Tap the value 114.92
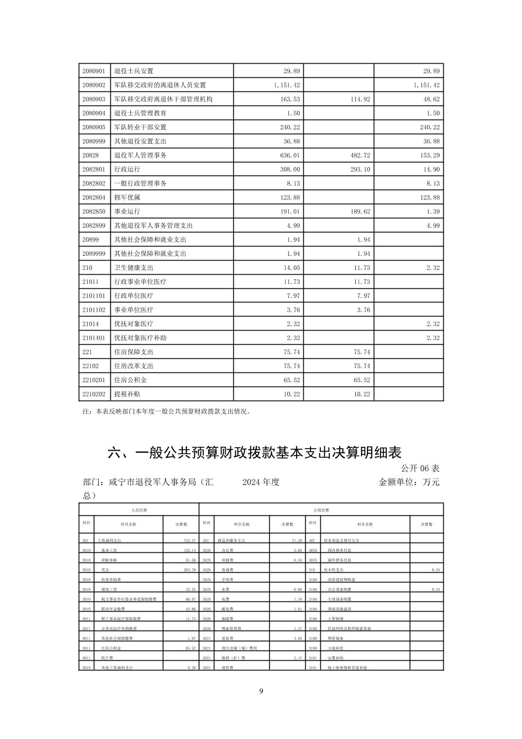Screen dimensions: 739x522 360,99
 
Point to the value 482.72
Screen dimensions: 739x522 360,156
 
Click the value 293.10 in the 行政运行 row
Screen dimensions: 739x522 360,170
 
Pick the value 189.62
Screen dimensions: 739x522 360,211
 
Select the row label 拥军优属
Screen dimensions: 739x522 127,197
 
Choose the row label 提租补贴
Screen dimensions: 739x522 127,394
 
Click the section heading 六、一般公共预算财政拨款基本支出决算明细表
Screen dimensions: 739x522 254,453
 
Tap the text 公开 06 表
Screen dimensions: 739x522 420,468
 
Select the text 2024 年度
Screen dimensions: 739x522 261,482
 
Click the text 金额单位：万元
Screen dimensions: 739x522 409,482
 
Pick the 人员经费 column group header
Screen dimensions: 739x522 139,510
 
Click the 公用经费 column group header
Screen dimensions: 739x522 321,510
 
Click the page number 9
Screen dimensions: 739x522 261,691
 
